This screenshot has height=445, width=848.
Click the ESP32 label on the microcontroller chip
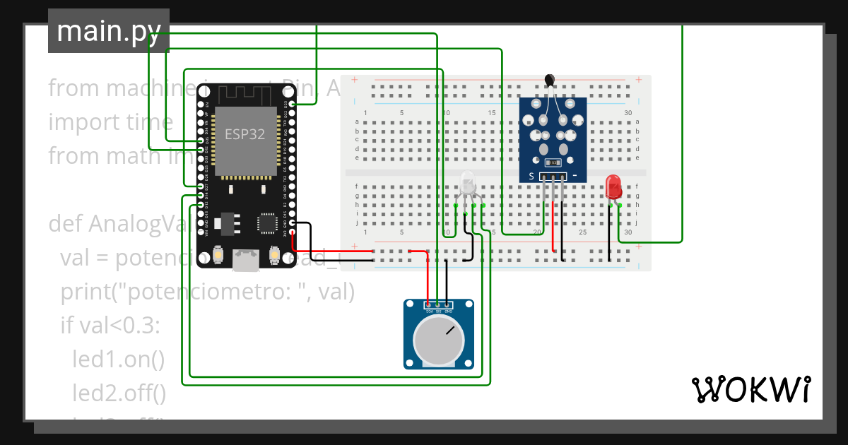coord(245,134)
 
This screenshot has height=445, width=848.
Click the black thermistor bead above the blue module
coord(549,81)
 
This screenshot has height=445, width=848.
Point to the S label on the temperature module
coord(531,176)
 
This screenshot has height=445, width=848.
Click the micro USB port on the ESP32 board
coord(245,261)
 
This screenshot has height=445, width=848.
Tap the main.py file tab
coord(109,31)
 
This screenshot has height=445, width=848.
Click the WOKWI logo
coord(750,389)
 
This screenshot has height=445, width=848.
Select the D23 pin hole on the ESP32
coord(292,105)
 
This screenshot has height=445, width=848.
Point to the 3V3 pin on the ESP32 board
coord(292,232)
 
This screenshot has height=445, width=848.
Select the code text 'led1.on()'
coord(118,360)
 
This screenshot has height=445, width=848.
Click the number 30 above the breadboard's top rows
coord(628,113)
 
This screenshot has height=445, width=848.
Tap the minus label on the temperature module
coord(575,176)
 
